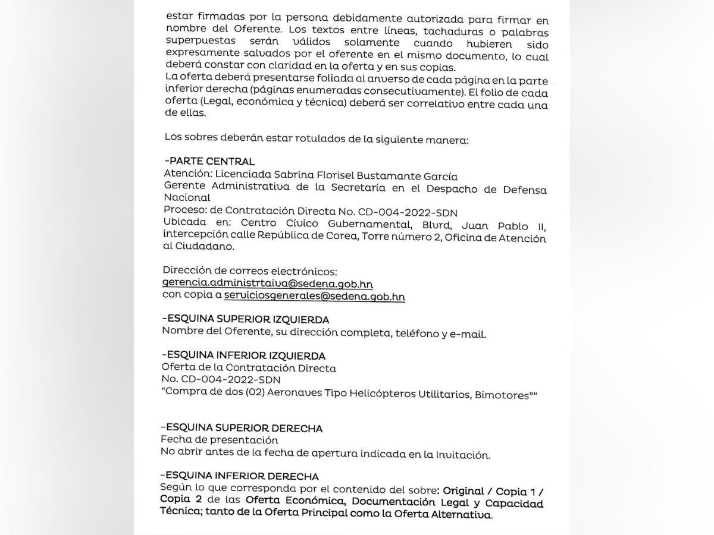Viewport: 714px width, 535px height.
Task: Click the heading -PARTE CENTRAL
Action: [x=209, y=162]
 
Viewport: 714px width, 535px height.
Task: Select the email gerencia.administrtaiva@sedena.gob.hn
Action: [x=267, y=284]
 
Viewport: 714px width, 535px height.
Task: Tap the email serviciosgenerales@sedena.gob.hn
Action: [x=314, y=295]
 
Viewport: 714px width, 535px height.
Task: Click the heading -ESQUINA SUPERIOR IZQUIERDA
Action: [x=245, y=320]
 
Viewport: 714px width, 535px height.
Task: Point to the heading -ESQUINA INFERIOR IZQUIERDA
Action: [x=243, y=355]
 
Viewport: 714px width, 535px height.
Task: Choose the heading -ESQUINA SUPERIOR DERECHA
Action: [x=242, y=428]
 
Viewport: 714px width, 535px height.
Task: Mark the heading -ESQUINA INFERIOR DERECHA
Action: [x=240, y=476]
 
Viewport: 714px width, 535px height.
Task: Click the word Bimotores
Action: [x=502, y=395]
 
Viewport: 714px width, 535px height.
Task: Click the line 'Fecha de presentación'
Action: [x=220, y=440]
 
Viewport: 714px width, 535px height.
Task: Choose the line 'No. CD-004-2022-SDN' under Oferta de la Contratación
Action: [x=221, y=380]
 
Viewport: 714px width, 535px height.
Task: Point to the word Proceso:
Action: [x=183, y=211]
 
